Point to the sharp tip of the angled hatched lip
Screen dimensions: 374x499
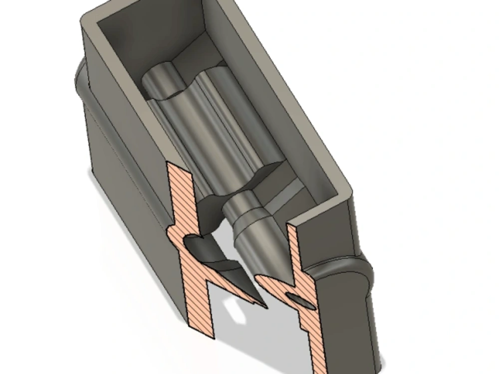pos(263,305)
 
